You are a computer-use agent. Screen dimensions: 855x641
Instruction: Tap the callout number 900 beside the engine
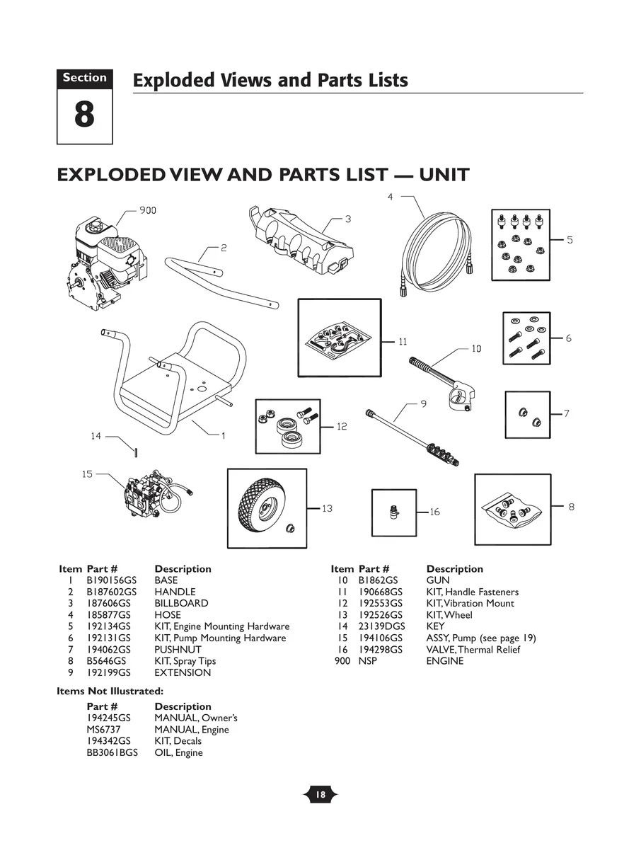[x=147, y=210]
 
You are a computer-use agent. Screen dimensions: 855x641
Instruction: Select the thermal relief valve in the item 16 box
[x=393, y=512]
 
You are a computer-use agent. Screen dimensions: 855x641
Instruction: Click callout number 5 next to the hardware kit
[x=570, y=240]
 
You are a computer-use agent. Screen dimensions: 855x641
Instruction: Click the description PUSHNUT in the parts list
[x=178, y=649]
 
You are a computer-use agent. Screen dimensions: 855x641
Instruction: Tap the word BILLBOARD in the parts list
[x=181, y=603]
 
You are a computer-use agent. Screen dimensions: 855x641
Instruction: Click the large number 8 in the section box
[x=84, y=115]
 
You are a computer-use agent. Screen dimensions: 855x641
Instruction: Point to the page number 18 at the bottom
[x=320, y=795]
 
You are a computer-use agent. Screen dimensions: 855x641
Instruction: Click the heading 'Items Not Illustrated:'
[x=110, y=691]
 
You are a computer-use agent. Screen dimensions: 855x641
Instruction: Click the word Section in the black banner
[x=84, y=78]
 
